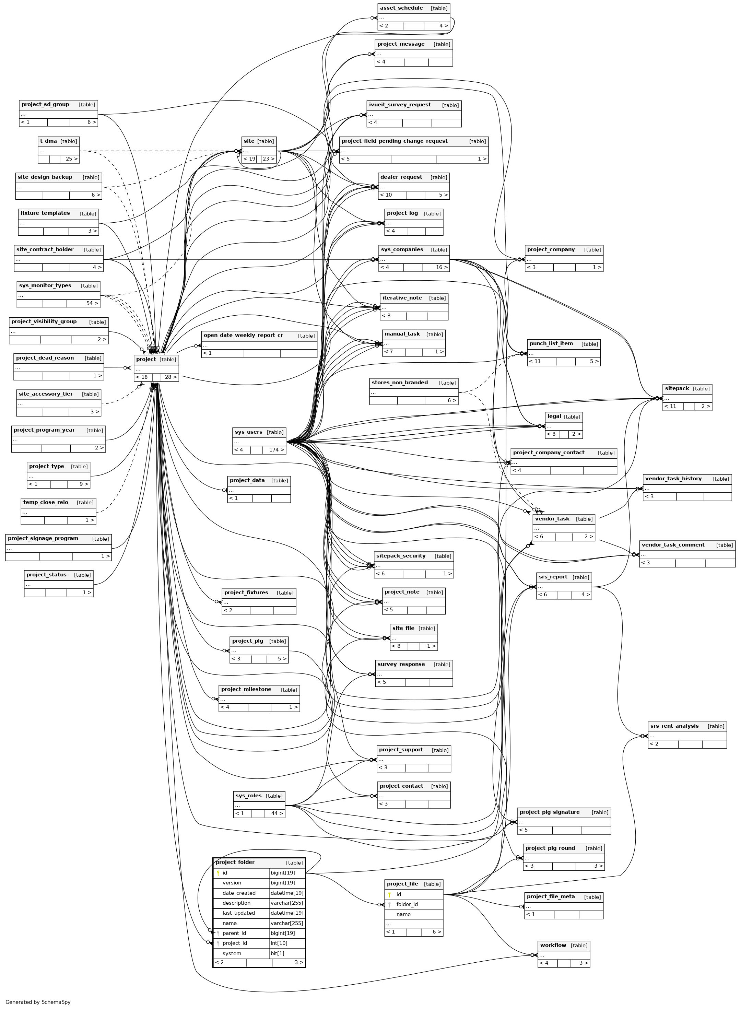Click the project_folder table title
pyautogui.click(x=235, y=862)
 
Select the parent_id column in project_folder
pyautogui.click(x=234, y=933)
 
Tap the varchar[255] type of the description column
pyautogui.click(x=286, y=903)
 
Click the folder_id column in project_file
pyautogui.click(x=407, y=904)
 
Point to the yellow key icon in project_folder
pyautogui.click(x=218, y=873)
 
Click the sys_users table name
pyautogui.click(x=248, y=432)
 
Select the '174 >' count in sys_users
pyautogui.click(x=274, y=450)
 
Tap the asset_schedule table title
pyautogui.click(x=401, y=8)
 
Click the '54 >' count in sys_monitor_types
pyautogui.click(x=92, y=303)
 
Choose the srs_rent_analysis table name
pyautogui.click(x=674, y=726)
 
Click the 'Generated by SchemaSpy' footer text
pyautogui.click(x=38, y=1002)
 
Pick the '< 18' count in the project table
pyautogui.click(x=142, y=377)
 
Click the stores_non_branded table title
pyautogui.click(x=400, y=383)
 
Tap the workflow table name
pyautogui.click(x=553, y=945)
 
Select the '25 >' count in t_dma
pyautogui.click(x=71, y=159)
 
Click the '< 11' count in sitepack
pyautogui.click(x=671, y=406)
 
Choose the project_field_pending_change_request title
pyautogui.click(x=394, y=141)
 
